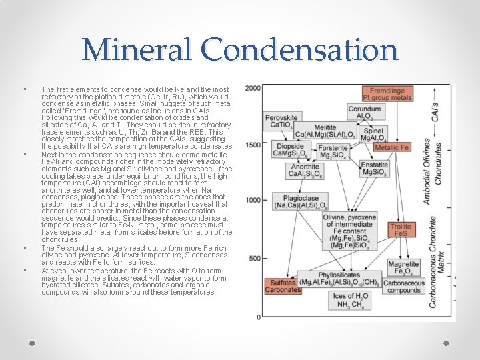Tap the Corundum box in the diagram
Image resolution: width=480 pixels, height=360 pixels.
click(364, 113)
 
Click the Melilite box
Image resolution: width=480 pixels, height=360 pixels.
click(325, 131)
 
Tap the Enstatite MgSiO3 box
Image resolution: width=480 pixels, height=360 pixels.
click(374, 169)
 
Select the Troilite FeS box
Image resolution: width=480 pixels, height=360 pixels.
click(400, 231)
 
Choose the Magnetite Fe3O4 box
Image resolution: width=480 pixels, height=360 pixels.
click(403, 267)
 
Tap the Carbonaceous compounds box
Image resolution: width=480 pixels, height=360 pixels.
click(403, 287)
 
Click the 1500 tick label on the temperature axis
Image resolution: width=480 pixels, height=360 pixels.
click(252, 145)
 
